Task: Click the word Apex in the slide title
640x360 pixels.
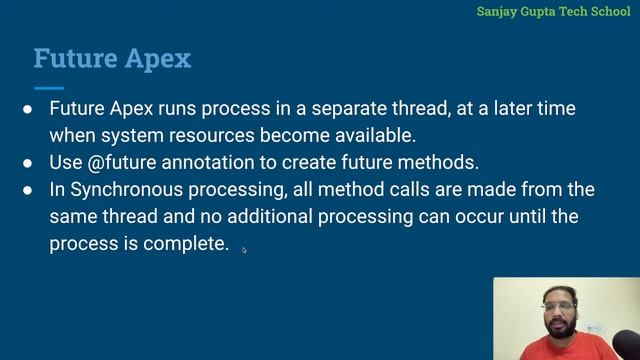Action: coord(157,58)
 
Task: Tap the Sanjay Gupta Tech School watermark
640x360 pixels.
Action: coord(553,12)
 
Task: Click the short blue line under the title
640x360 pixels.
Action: coord(48,88)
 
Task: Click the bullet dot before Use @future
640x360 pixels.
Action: coord(28,162)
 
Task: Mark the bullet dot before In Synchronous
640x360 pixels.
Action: coord(28,189)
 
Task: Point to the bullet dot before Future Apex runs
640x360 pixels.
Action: coord(28,108)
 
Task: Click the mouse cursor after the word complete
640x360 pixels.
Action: coord(244,250)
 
